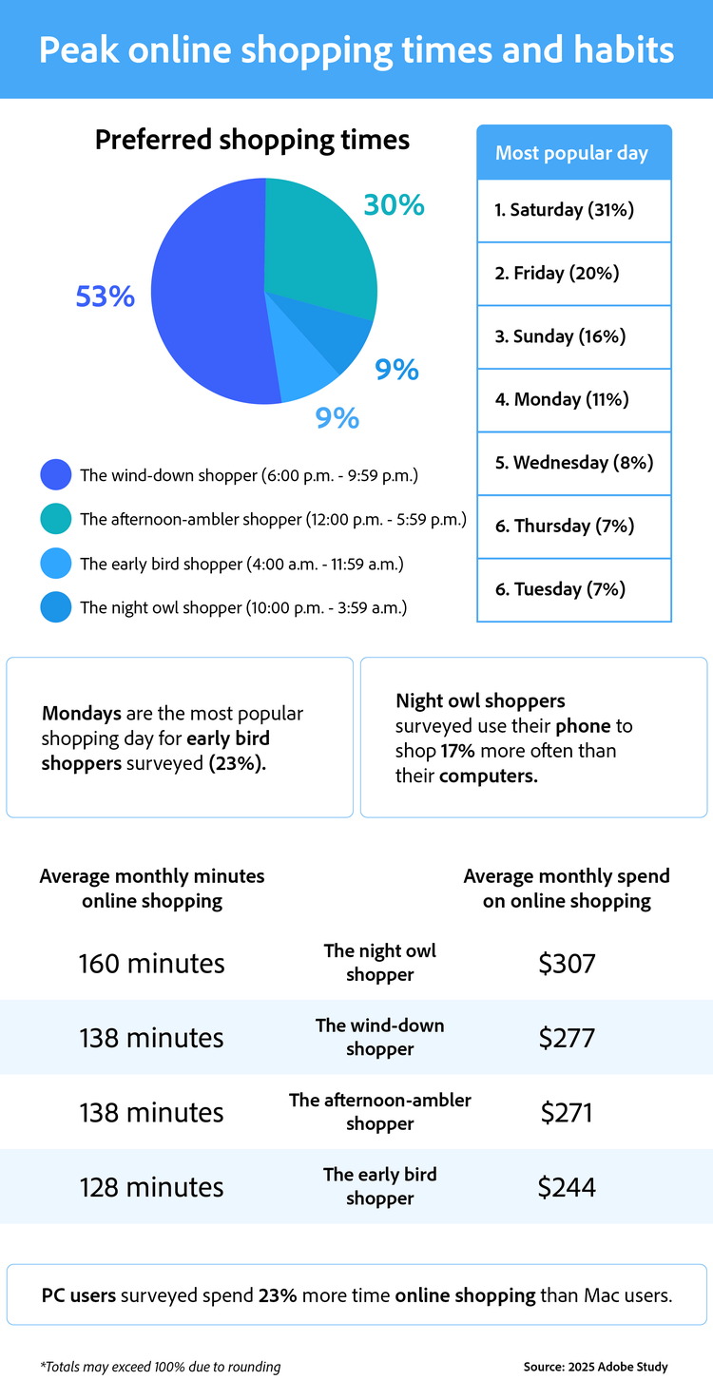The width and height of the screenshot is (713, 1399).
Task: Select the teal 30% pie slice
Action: pyautogui.click(x=318, y=242)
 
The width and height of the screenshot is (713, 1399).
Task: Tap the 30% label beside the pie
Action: pyautogui.click(x=394, y=204)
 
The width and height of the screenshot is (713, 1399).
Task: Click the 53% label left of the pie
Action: pyautogui.click(x=106, y=297)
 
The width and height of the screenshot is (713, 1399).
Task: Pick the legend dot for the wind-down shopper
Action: pyautogui.click(x=56, y=475)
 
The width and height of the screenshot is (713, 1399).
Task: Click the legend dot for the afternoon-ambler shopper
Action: pyautogui.click(x=56, y=520)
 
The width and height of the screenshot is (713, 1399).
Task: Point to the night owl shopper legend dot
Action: pyautogui.click(x=56, y=607)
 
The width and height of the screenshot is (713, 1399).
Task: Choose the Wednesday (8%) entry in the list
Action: pyautogui.click(x=574, y=463)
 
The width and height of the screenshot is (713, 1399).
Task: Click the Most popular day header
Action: pyautogui.click(x=572, y=153)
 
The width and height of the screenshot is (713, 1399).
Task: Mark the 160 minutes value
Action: pyautogui.click(x=152, y=964)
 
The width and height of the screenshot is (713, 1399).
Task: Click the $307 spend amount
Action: pyautogui.click(x=567, y=964)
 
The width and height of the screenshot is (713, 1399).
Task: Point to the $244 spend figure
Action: pyautogui.click(x=567, y=1187)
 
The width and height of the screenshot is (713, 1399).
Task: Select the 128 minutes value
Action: pyautogui.click(x=152, y=1187)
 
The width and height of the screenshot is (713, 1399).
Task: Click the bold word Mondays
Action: pyautogui.click(x=82, y=713)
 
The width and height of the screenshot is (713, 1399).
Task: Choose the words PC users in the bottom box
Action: pyautogui.click(x=79, y=1294)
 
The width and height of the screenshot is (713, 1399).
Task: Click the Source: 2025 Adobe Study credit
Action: pyautogui.click(x=595, y=1367)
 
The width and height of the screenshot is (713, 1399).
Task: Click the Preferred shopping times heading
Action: pyautogui.click(x=252, y=141)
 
